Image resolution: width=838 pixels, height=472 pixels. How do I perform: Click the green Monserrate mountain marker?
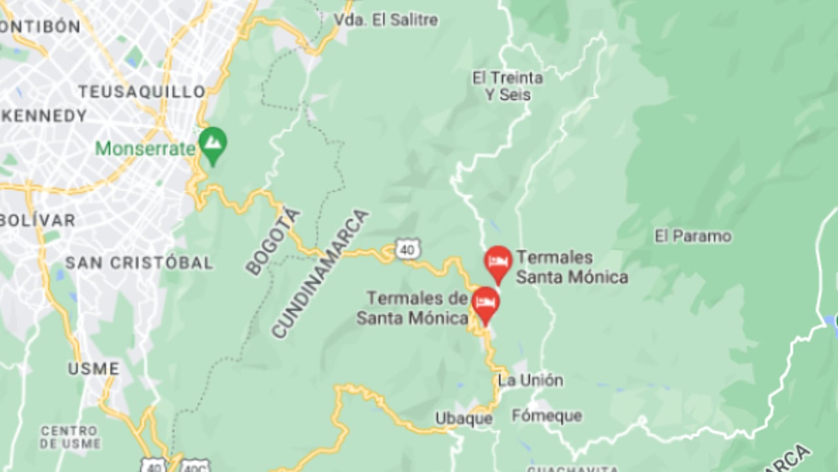(213, 144)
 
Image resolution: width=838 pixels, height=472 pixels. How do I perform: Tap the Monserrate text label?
(145, 149)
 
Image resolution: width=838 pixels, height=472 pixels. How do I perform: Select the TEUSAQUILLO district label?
(143, 92)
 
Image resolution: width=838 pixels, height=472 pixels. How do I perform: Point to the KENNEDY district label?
(45, 117)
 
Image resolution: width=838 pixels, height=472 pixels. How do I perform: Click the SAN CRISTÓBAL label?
(139, 263)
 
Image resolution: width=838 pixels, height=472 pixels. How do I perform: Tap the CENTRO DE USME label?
(69, 437)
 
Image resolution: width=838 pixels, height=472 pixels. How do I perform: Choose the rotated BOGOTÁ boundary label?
(273, 242)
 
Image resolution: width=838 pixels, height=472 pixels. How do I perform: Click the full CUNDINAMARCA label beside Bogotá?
(320, 274)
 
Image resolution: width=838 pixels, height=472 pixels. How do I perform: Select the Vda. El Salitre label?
(386, 20)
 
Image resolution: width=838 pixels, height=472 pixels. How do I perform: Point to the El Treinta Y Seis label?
(507, 86)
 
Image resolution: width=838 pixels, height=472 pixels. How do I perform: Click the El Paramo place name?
(693, 236)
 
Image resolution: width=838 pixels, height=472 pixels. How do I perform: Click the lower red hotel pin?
(485, 303)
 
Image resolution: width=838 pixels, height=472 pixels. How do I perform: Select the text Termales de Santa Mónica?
(412, 308)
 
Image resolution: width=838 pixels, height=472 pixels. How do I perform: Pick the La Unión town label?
(530, 380)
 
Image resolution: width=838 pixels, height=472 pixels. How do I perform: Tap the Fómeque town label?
(547, 416)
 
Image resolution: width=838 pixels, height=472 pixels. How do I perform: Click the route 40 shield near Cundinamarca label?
(408, 249)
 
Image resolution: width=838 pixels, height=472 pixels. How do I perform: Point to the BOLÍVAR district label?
(37, 220)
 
